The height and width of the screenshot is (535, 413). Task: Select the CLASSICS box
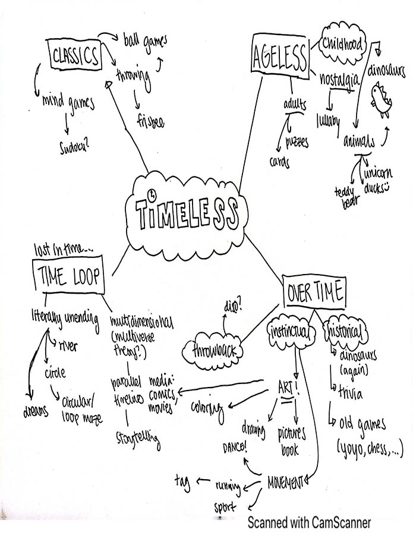[75, 56]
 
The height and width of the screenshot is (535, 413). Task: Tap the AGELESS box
[279, 58]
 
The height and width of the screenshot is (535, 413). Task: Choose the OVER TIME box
[314, 292]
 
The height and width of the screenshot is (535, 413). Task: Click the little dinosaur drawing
[379, 100]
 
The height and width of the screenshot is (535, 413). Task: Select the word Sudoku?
[74, 146]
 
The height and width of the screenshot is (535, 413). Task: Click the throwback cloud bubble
[214, 351]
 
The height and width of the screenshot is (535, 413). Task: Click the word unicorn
[378, 174]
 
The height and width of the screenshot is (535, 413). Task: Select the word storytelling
[137, 438]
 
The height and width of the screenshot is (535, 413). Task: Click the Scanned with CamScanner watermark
[309, 523]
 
